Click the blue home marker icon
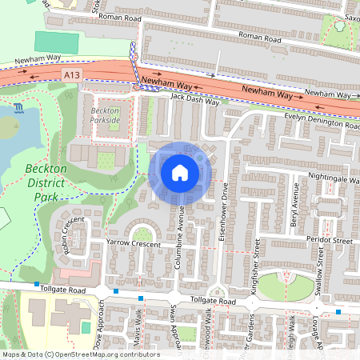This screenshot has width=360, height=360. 180,172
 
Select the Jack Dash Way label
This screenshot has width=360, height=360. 194,100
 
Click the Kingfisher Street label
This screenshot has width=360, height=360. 256,272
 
